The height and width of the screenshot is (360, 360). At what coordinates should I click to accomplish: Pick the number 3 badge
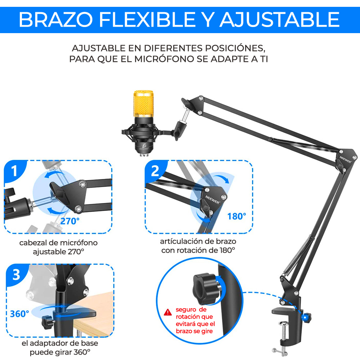[16, 275]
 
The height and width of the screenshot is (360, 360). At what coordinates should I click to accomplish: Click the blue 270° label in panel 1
[70, 221]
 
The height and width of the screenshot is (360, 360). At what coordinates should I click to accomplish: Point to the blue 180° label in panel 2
[237, 216]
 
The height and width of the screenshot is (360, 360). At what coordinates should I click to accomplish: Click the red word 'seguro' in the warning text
[186, 309]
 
